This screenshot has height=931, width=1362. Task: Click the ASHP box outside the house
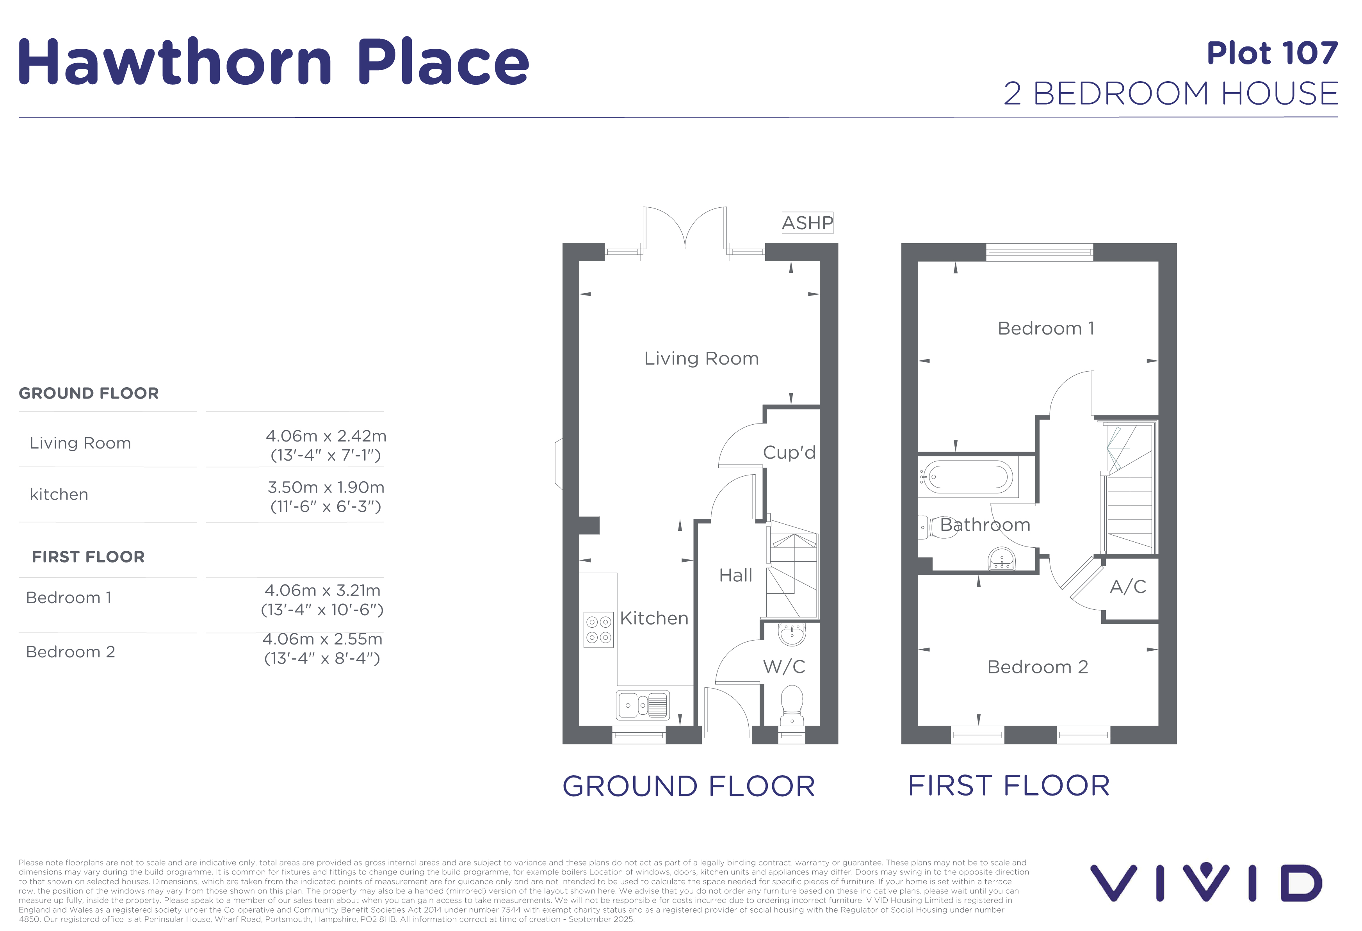(x=807, y=223)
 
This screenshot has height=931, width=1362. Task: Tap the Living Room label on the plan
(x=701, y=358)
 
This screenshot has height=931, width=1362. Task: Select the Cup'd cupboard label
(x=789, y=452)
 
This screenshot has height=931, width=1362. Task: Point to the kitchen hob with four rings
(x=598, y=629)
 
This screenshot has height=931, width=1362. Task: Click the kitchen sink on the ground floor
(x=642, y=705)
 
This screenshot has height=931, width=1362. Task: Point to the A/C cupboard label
(x=1127, y=586)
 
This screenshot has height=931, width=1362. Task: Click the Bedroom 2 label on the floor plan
(x=1037, y=667)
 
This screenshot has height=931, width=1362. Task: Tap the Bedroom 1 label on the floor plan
(x=1045, y=328)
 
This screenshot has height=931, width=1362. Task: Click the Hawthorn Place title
(x=274, y=62)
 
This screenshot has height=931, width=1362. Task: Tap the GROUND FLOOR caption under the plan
(x=689, y=786)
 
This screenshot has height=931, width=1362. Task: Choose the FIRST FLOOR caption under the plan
(x=1009, y=786)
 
